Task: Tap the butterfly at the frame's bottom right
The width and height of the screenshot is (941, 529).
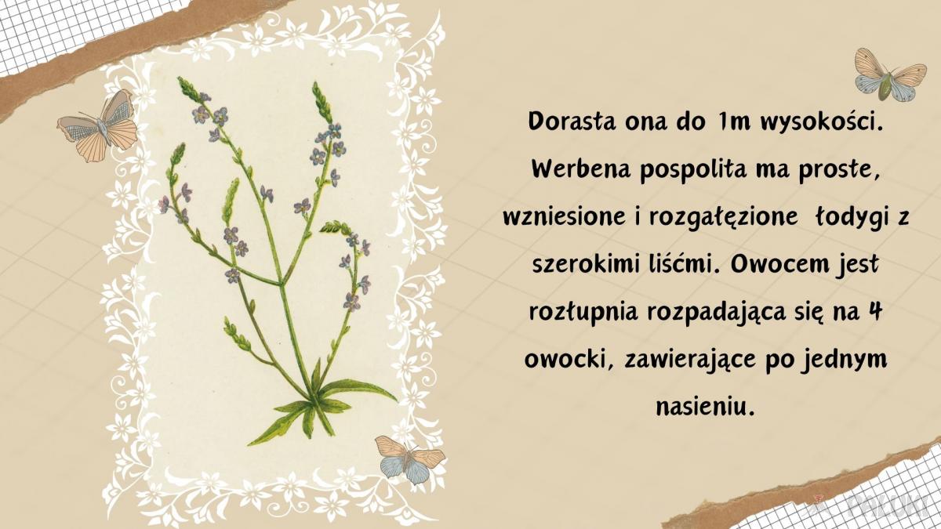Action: pyautogui.click(x=409, y=458)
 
